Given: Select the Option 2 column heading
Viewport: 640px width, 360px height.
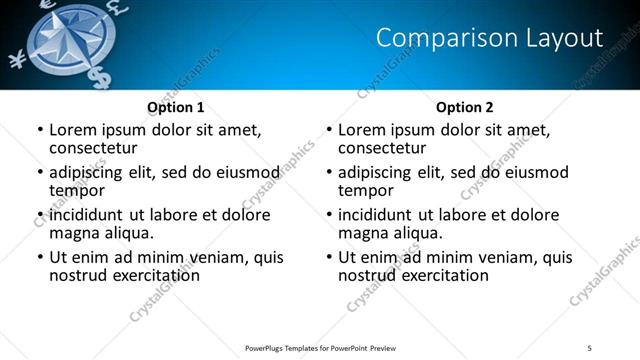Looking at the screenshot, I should click(x=464, y=107).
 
